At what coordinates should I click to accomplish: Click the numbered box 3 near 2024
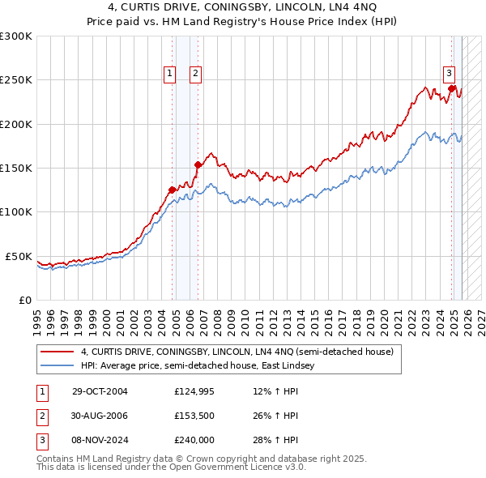[449, 72]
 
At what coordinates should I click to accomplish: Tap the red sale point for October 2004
[172, 190]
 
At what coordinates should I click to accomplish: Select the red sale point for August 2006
[198, 164]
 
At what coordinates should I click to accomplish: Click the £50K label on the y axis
[19, 256]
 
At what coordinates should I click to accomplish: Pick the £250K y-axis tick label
[16, 80]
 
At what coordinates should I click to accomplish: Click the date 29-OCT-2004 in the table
[100, 391]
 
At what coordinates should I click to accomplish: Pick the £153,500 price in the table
[194, 416]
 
